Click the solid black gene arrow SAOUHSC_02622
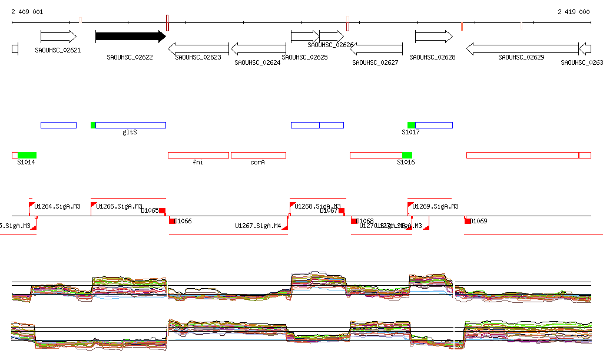coord(130,37)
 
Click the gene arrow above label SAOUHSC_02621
coord(58,37)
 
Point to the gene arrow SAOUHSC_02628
coord(433,37)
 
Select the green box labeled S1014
coord(27,155)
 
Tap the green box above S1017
coord(411,125)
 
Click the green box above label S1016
coord(407,155)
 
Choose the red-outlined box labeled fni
coord(198,155)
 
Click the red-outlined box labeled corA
coord(258,155)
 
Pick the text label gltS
coord(130,133)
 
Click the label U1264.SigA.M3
coord(57,207)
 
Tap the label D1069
coord(480,222)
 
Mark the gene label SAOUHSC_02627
coord(375,62)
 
